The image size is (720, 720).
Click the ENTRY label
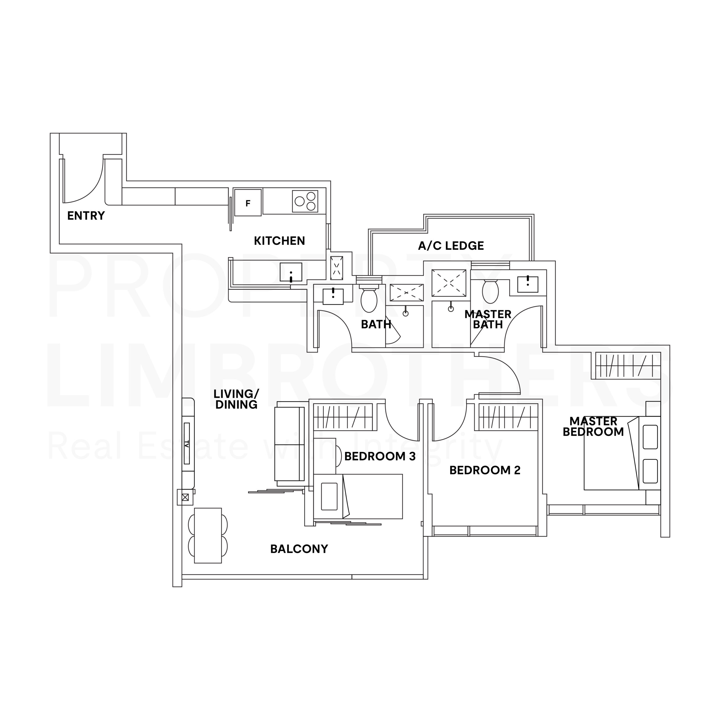(x=86, y=216)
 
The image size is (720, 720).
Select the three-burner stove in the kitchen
(x=305, y=201)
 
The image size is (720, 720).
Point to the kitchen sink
(x=291, y=272)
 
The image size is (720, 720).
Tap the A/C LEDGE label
(x=451, y=246)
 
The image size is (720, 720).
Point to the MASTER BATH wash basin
(x=527, y=284)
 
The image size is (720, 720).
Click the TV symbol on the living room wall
(x=187, y=444)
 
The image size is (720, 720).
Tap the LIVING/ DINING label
(x=236, y=399)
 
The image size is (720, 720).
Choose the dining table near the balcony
(x=208, y=535)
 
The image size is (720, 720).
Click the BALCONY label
(x=299, y=549)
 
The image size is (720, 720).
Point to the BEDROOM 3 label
(x=379, y=456)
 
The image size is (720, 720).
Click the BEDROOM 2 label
(x=485, y=470)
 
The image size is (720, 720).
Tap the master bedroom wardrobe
(x=627, y=366)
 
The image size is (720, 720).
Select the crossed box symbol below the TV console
(x=185, y=497)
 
